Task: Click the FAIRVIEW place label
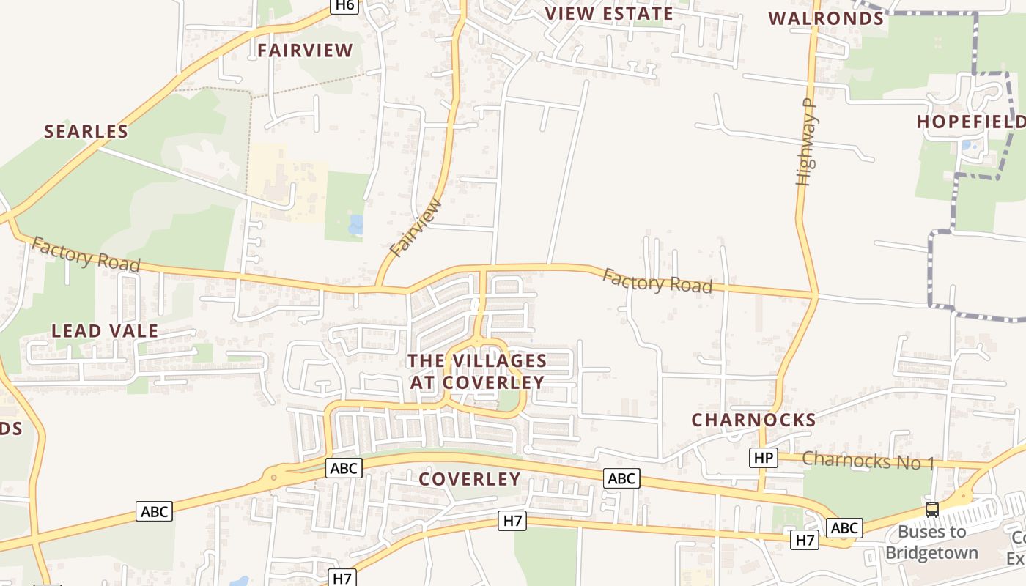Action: tap(305, 51)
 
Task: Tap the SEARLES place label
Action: tap(86, 132)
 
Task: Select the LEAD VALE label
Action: tap(105, 331)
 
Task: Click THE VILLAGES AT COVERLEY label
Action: tap(477, 371)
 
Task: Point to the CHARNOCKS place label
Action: tap(754, 420)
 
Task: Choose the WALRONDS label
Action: tap(826, 18)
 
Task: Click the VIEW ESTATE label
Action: tap(609, 13)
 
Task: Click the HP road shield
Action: tap(763, 458)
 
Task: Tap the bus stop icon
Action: tap(932, 510)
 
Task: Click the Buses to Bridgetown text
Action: tap(931, 542)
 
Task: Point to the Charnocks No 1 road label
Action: tap(868, 461)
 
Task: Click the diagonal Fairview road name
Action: tap(416, 228)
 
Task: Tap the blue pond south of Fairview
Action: tap(356, 225)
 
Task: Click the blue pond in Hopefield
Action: tap(966, 145)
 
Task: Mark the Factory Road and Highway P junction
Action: tap(816, 294)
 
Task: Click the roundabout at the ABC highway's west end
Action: tap(274, 477)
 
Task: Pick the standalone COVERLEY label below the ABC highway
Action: tap(470, 480)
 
